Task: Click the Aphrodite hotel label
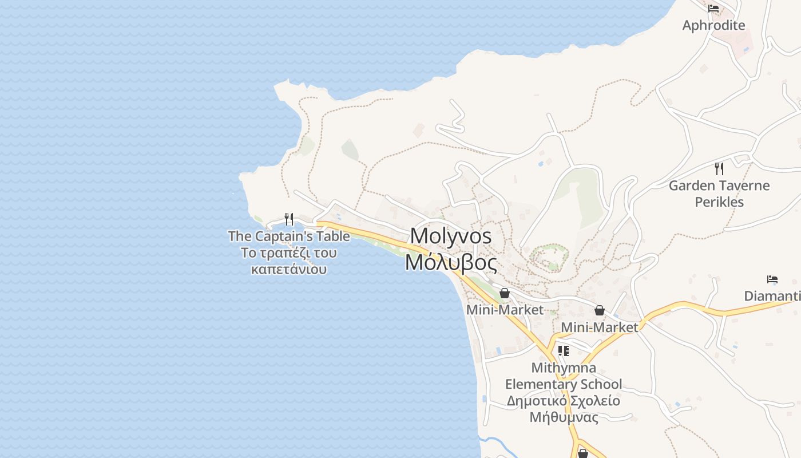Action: (713, 25)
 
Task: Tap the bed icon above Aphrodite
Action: (713, 9)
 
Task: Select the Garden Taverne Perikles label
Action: (719, 194)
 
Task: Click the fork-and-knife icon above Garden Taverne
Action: (719, 169)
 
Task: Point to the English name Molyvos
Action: (451, 236)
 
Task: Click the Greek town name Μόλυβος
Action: (451, 262)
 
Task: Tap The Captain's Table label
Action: (289, 236)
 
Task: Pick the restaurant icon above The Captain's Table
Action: (289, 219)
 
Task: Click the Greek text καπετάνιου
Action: (289, 269)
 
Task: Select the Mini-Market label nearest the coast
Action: (505, 310)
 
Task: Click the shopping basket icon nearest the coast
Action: (505, 294)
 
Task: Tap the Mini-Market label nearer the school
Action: (599, 327)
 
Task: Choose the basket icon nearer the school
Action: (599, 310)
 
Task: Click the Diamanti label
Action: (772, 296)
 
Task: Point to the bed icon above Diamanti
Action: (772, 279)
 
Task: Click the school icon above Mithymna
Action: (564, 351)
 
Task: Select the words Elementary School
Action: (564, 384)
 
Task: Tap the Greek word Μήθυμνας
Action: (564, 417)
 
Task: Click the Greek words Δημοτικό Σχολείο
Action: (564, 401)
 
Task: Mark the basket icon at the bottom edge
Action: (583, 453)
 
